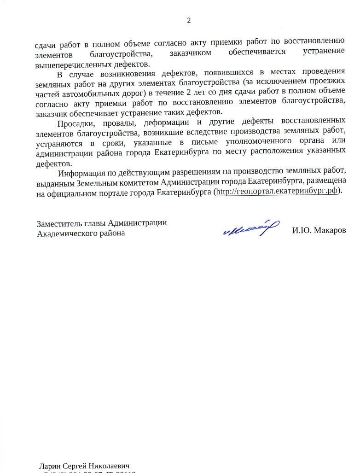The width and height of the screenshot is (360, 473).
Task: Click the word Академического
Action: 64,233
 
